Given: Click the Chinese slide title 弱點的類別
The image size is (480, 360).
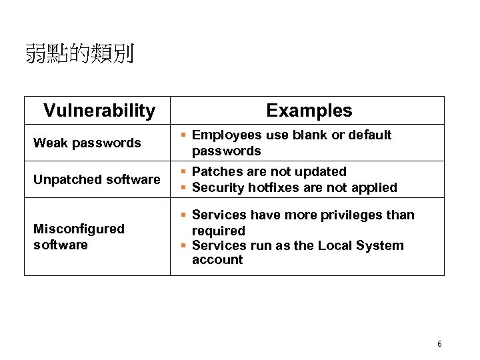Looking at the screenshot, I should (x=79, y=53).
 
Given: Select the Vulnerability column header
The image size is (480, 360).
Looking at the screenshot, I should (x=99, y=110).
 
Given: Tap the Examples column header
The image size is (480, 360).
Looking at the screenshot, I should (x=309, y=110).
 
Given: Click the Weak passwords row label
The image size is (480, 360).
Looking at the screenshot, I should (x=87, y=143).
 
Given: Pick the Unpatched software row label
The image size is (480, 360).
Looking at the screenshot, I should (x=97, y=179).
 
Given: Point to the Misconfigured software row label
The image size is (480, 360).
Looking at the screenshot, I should (x=79, y=237).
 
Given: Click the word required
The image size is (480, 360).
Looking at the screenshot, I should (x=219, y=231).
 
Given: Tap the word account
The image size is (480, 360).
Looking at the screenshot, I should (x=217, y=260).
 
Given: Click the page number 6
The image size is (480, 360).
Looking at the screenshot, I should (x=439, y=344).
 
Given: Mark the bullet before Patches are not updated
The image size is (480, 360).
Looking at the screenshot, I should (x=185, y=172).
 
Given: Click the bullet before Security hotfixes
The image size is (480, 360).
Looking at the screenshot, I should (x=185, y=188).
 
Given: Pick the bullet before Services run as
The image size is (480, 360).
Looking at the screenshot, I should (x=185, y=245).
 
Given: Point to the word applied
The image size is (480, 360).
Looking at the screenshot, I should (x=375, y=188).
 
